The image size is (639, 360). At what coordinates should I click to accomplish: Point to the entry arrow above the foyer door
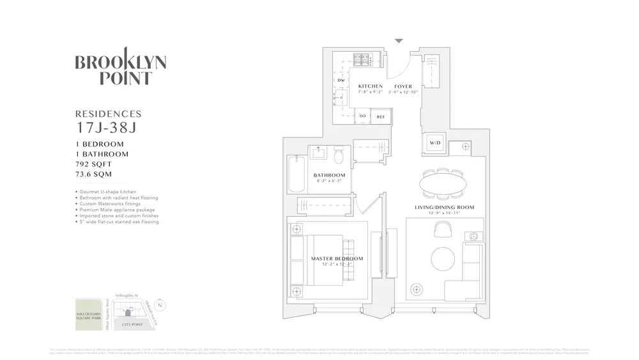[x=399, y=41]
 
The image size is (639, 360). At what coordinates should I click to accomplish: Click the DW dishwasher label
[x=341, y=81]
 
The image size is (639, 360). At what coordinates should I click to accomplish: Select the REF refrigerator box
[x=380, y=116]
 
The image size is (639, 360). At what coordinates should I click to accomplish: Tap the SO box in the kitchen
[x=362, y=116]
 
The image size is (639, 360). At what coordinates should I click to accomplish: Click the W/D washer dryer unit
[x=435, y=143]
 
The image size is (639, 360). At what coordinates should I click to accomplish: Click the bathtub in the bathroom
[x=296, y=173]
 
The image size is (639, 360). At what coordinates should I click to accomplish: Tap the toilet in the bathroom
[x=339, y=155]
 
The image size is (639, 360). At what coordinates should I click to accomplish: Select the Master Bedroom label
[x=337, y=259]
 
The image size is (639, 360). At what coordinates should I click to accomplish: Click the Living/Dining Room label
[x=445, y=207]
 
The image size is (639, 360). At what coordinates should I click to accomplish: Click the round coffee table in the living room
[x=443, y=260]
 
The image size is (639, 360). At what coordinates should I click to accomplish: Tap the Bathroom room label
[x=329, y=175]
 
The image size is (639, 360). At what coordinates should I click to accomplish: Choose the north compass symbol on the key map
[x=160, y=306]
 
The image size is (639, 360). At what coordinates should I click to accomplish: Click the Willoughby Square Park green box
[x=88, y=315]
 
